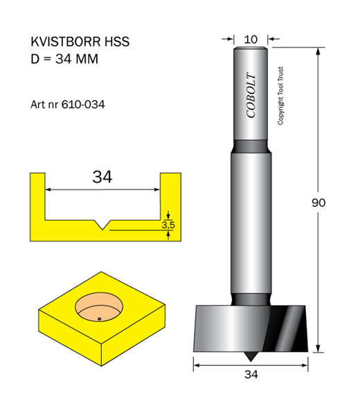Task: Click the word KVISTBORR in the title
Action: pos(66,41)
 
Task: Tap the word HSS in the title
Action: pos(117,41)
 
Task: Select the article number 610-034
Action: pos(83,104)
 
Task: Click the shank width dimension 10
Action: pos(251,39)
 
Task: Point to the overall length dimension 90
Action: pos(318,203)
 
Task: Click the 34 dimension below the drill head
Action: pos(251,374)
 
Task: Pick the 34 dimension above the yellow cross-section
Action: pos(102,177)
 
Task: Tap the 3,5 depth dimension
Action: pos(168,225)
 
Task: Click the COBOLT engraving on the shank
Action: pos(251,95)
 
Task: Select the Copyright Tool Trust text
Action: pos(280,96)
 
